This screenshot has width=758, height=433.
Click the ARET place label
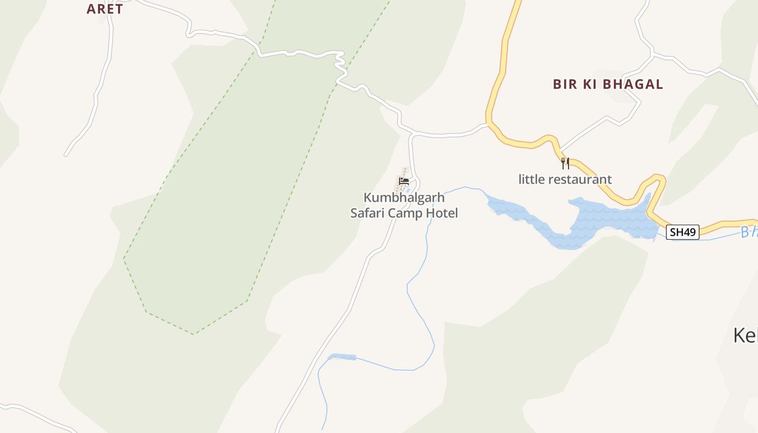[x=104, y=9]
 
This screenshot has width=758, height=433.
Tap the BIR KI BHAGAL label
[x=607, y=84]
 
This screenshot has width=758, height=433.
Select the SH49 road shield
[x=682, y=232]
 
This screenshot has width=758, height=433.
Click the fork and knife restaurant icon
[x=565, y=163]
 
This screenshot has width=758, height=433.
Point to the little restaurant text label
[x=565, y=179]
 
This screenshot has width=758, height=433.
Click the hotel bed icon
[x=403, y=181]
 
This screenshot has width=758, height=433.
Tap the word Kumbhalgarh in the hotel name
[x=404, y=197]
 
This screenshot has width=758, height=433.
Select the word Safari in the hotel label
[x=368, y=213]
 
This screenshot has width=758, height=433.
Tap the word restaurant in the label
[x=579, y=179]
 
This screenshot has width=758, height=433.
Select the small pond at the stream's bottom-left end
[x=342, y=357]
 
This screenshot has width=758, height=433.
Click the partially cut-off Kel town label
[x=746, y=336]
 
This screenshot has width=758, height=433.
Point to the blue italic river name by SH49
[x=749, y=232]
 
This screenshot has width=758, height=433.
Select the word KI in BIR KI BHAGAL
[x=587, y=84]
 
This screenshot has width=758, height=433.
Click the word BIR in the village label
[x=565, y=84]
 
